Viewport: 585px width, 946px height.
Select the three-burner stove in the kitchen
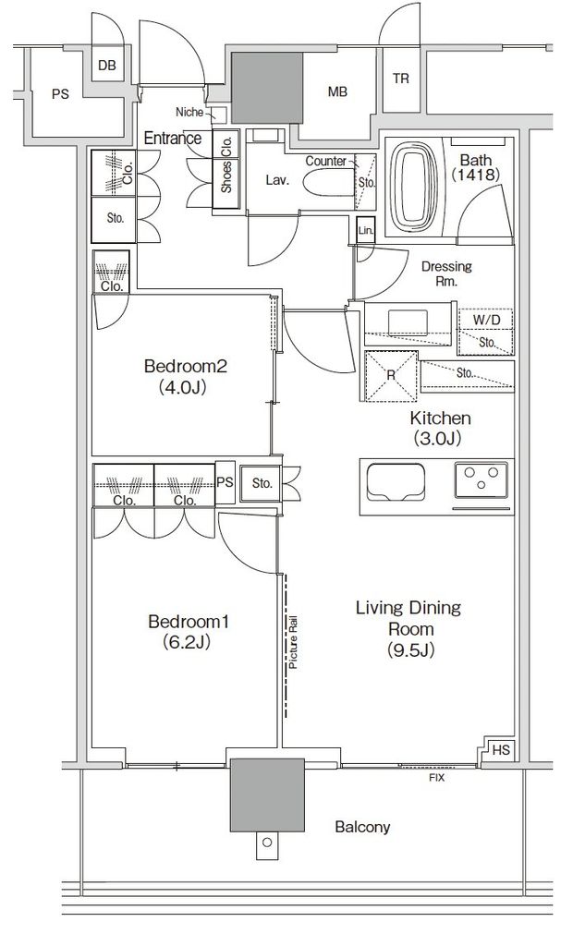(x=481, y=479)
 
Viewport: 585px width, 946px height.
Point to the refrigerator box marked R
(x=391, y=376)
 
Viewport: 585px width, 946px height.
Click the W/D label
(x=486, y=320)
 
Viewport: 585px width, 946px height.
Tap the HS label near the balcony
(x=501, y=750)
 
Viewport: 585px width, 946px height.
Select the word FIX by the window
(x=436, y=778)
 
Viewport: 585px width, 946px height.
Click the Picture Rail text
(x=294, y=642)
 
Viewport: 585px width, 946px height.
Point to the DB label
(x=107, y=66)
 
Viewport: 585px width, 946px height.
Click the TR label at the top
(x=401, y=79)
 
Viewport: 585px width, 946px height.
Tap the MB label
(x=337, y=91)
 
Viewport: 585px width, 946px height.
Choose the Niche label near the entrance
(x=189, y=112)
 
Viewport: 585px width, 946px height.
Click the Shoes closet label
(x=226, y=176)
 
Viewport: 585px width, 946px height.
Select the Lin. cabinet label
(x=365, y=230)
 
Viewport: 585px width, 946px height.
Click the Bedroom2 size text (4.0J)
(x=183, y=387)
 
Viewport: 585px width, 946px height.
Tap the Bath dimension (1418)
(x=476, y=175)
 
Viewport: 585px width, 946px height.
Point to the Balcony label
(x=362, y=827)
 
